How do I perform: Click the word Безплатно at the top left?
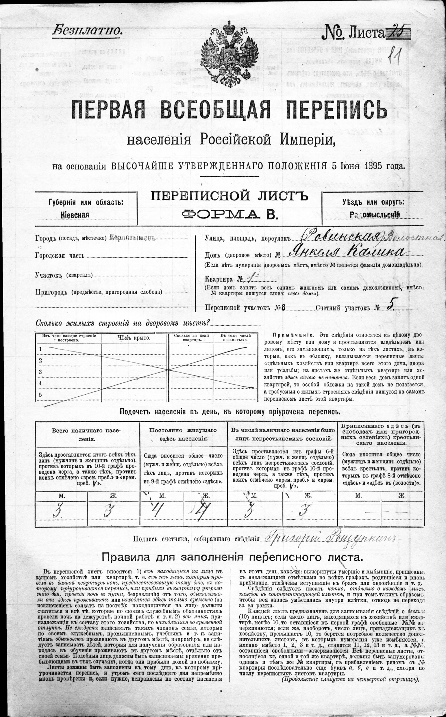[87, 31]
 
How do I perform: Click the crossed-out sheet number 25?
[398, 32]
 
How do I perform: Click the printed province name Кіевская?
[75, 215]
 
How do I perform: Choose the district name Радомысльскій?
[375, 215]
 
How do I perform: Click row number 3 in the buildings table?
[40, 372]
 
